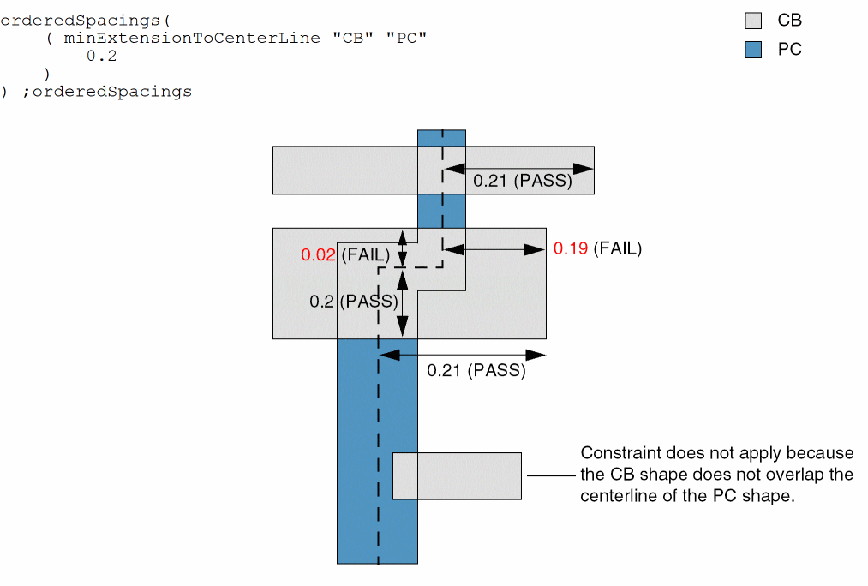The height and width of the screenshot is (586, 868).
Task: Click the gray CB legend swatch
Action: (753, 21)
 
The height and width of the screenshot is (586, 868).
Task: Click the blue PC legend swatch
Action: (753, 50)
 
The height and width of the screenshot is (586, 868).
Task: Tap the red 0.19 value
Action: (571, 248)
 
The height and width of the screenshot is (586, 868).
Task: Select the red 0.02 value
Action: (318, 255)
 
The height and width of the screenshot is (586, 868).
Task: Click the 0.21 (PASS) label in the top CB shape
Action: (522, 182)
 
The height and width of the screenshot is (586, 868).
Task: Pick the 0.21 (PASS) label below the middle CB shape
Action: (476, 371)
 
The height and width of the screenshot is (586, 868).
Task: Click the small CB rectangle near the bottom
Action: (457, 475)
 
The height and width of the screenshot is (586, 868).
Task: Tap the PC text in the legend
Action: (789, 50)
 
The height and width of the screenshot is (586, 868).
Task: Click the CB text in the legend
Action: (789, 21)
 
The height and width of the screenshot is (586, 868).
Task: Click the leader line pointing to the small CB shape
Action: (548, 475)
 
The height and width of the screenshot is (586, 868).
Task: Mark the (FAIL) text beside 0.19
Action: (618, 248)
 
